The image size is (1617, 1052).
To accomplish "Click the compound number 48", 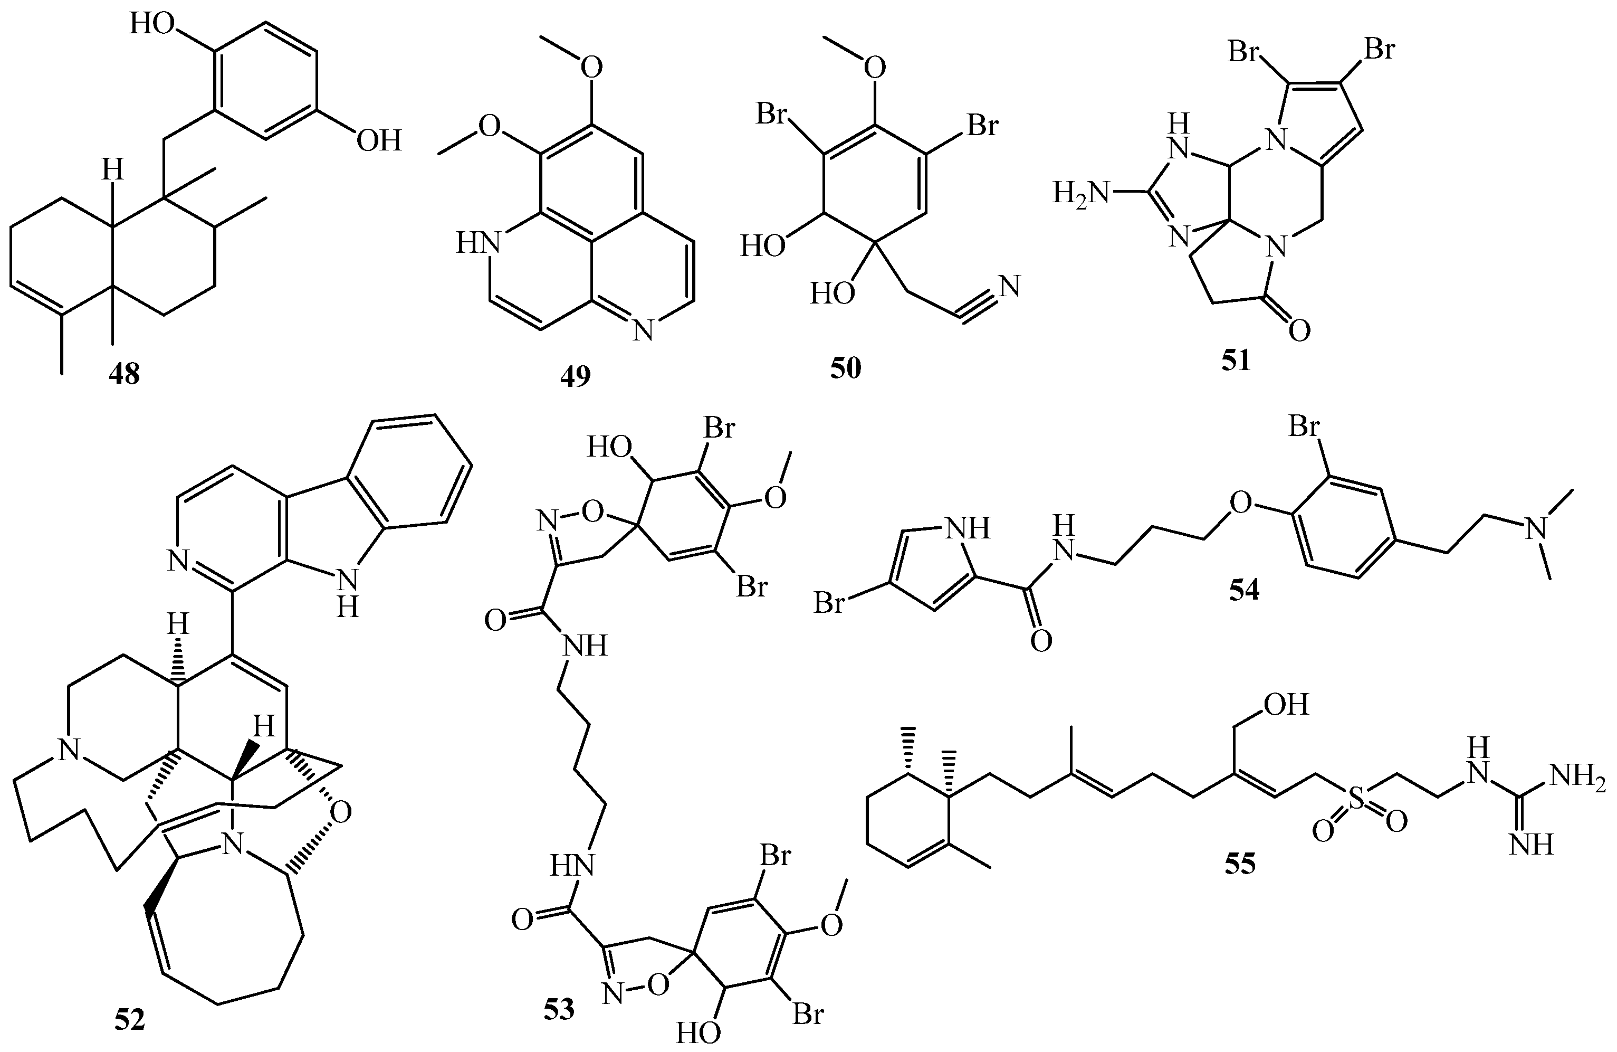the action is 125,374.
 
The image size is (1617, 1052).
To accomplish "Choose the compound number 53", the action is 559,1009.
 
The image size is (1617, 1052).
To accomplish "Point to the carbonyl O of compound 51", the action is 1298,331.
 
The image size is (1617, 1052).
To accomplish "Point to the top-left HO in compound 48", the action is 153,25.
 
